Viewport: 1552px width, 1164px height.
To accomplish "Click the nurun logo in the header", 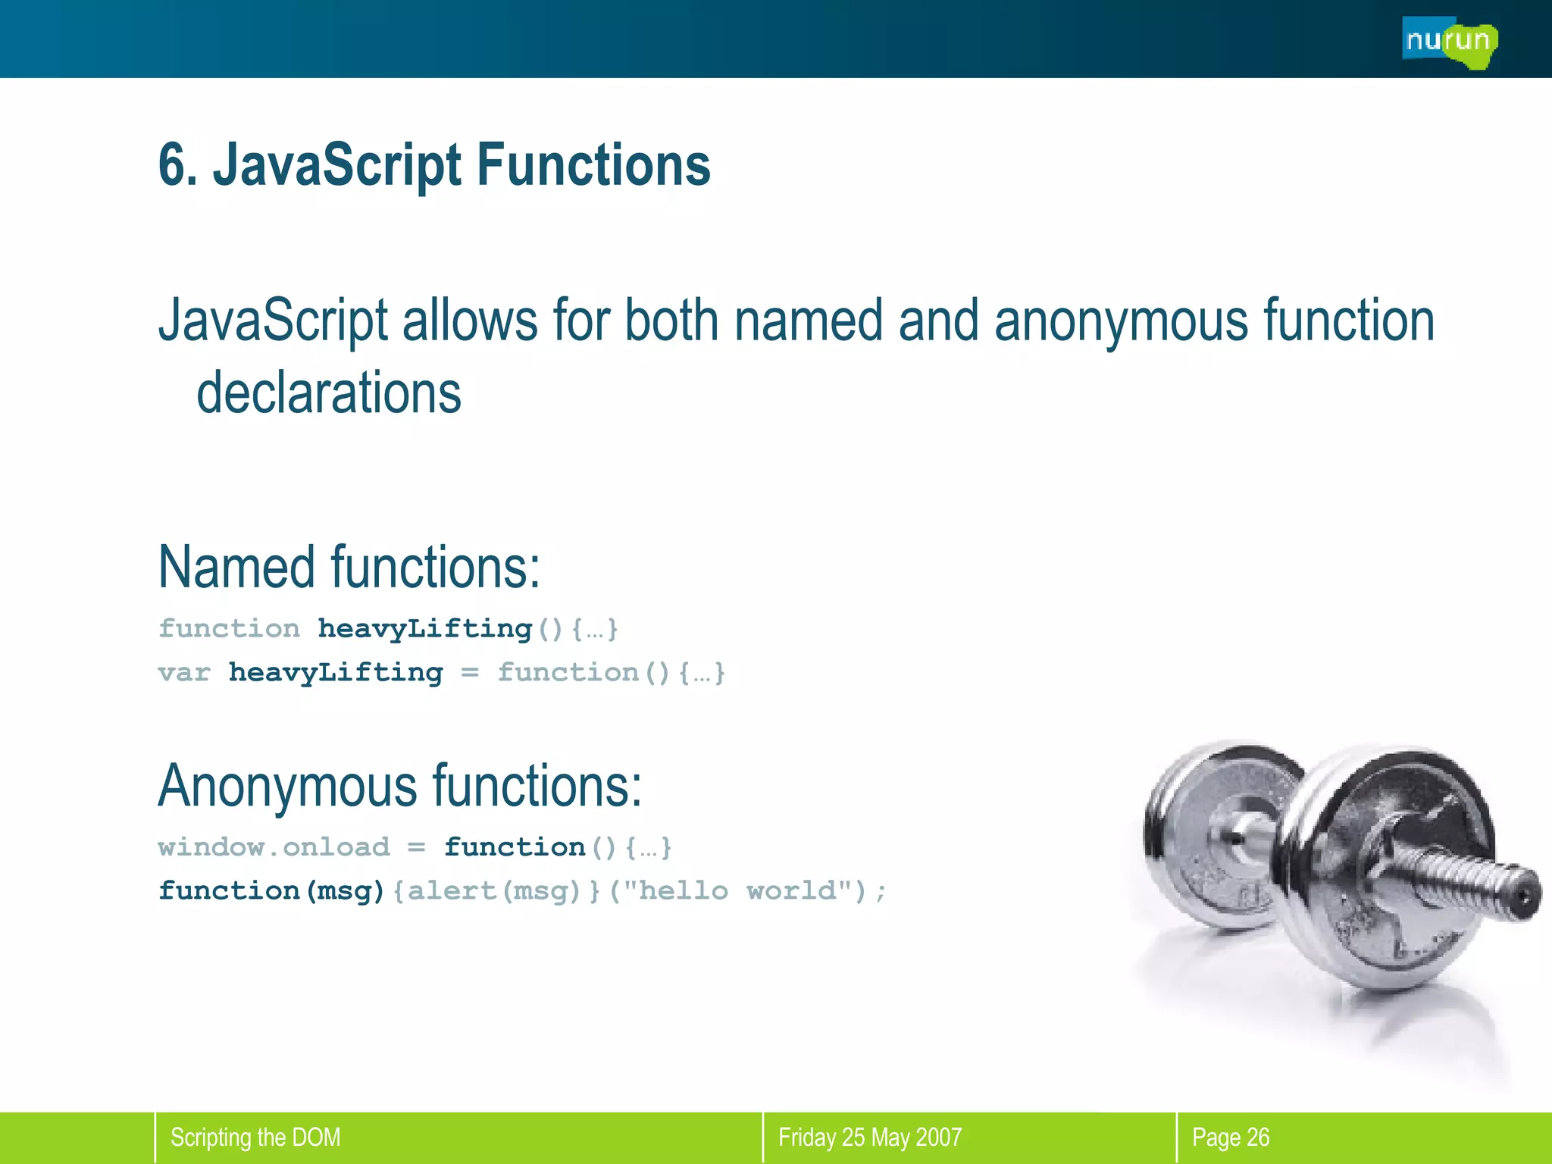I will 1448,42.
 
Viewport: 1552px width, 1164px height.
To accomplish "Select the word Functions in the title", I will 593,164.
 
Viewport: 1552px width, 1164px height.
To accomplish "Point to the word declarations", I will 328,393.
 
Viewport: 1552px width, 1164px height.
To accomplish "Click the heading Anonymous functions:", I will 399,785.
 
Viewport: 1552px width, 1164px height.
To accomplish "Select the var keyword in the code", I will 183,672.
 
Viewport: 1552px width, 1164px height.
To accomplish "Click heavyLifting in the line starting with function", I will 424,628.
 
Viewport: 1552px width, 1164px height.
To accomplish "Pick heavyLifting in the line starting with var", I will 336,672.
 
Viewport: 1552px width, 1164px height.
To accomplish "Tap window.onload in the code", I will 274,846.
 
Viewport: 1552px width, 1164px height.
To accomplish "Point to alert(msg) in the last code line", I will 493,890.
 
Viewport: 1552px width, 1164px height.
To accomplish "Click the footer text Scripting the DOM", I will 255,1137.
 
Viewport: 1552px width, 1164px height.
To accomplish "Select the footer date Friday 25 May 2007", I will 869,1137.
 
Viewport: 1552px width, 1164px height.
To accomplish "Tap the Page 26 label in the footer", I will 1230,1137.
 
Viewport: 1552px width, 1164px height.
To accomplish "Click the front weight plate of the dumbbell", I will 1387,871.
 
